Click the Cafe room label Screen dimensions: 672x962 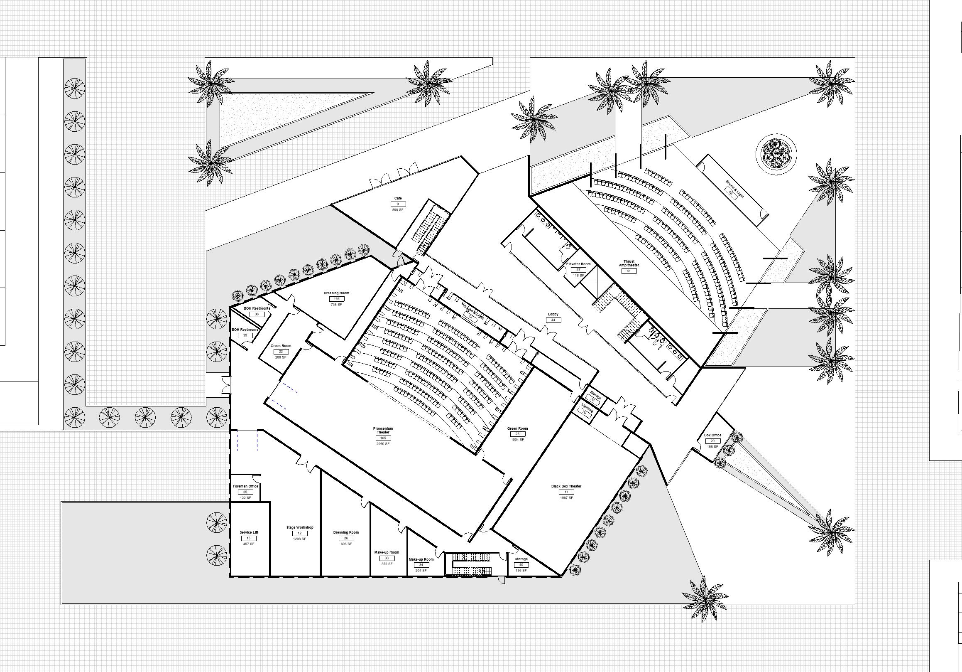click(x=398, y=198)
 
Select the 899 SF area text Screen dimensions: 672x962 click(x=398, y=210)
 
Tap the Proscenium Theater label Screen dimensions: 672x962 click(x=383, y=431)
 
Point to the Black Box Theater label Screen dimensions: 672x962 click(x=566, y=487)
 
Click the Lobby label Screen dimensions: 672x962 click(x=553, y=314)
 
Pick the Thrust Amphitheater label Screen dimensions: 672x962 click(x=629, y=263)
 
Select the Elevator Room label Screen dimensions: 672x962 click(x=578, y=264)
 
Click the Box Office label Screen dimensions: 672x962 click(x=713, y=435)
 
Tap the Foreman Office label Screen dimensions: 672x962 click(x=245, y=486)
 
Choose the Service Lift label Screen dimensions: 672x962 click(x=248, y=532)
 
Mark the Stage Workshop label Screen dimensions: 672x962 click(x=300, y=527)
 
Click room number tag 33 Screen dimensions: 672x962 click(x=387, y=558)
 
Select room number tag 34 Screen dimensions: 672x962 click(x=421, y=565)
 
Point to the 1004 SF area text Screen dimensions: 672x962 click(x=517, y=440)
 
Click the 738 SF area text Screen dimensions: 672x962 click(x=336, y=305)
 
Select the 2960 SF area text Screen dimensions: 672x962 click(x=383, y=443)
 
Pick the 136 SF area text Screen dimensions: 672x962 click(x=521, y=571)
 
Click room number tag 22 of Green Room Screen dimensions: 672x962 click(x=281, y=352)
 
